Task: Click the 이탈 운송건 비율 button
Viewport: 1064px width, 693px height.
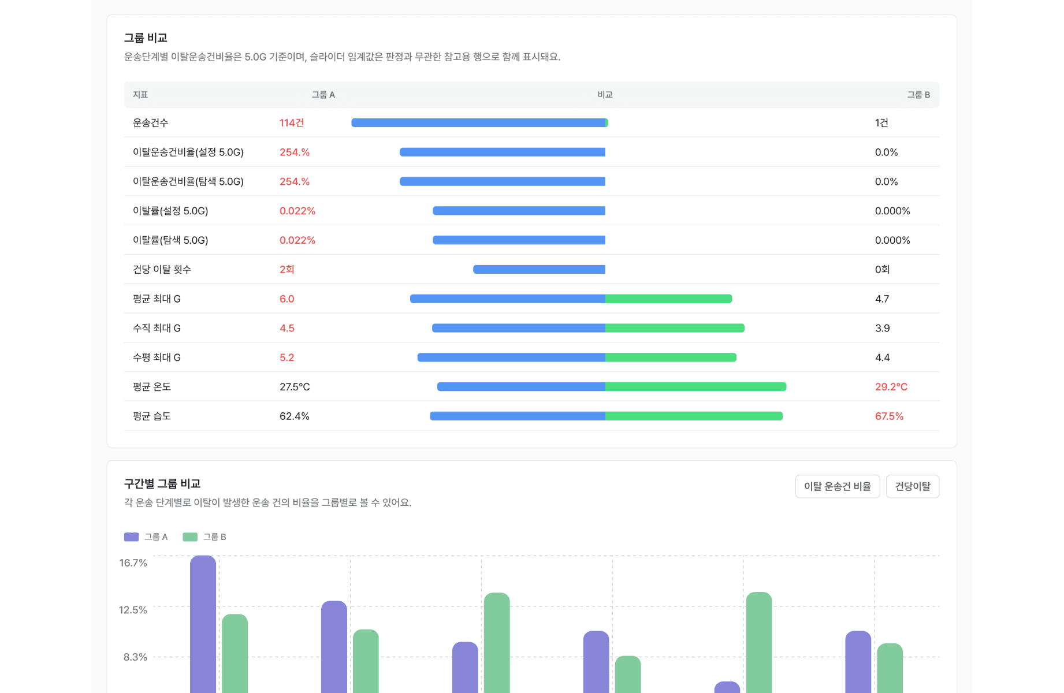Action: pyautogui.click(x=837, y=486)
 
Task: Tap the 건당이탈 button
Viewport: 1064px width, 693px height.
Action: pyautogui.click(x=913, y=486)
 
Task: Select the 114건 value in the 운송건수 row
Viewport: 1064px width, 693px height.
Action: pyautogui.click(x=292, y=123)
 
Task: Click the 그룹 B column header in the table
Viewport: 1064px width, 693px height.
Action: pyautogui.click(x=918, y=95)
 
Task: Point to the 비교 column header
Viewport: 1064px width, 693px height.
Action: pyautogui.click(x=605, y=95)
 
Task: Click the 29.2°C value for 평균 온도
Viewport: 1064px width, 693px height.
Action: pyautogui.click(x=891, y=387)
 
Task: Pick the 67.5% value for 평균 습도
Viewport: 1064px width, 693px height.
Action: pyautogui.click(x=890, y=416)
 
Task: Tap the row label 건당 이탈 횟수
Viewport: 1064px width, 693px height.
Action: pyautogui.click(x=162, y=270)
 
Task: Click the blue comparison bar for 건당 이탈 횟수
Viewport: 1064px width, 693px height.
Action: pyautogui.click(x=539, y=269)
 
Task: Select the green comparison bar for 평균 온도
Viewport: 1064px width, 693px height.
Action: pyautogui.click(x=695, y=387)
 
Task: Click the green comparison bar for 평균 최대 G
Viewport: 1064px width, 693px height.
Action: pyautogui.click(x=668, y=299)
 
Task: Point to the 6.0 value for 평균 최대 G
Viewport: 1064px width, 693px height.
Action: pyautogui.click(x=287, y=299)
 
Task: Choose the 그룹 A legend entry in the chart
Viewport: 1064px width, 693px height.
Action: pyautogui.click(x=146, y=537)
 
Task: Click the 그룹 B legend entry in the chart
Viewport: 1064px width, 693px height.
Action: pyautogui.click(x=204, y=537)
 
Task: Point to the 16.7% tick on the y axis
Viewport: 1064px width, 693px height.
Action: pyautogui.click(x=133, y=563)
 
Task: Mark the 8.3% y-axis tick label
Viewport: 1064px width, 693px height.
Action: pyautogui.click(x=135, y=657)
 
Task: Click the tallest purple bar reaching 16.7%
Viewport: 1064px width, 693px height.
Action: pyautogui.click(x=203, y=624)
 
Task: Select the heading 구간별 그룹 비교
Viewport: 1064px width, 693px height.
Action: pyautogui.click(x=162, y=484)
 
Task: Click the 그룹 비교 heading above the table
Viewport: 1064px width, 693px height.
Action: pyautogui.click(x=146, y=38)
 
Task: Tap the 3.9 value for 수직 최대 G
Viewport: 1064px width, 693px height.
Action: pyautogui.click(x=883, y=329)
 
